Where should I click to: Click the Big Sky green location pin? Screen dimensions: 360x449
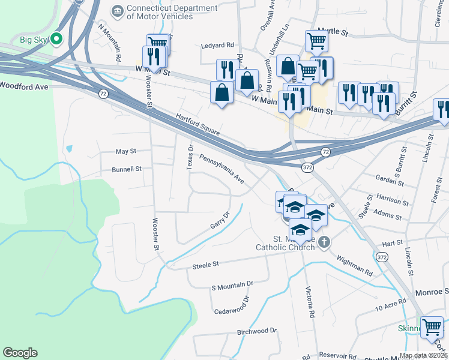[x=57, y=40]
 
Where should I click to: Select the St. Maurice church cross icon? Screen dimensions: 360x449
[x=324, y=243]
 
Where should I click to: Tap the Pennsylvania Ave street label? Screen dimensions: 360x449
[x=222, y=170]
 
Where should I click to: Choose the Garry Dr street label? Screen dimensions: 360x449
[x=220, y=220]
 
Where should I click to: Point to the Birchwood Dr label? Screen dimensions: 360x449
[x=256, y=331]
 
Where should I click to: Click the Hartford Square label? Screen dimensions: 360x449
[x=198, y=124]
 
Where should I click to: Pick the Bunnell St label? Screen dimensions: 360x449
[x=126, y=169]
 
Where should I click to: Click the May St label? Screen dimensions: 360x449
[x=126, y=151]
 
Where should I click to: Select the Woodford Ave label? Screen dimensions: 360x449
[x=23, y=86]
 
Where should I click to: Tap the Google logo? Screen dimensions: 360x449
[x=20, y=353]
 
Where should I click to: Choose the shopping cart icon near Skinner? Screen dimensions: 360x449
[x=432, y=328]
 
